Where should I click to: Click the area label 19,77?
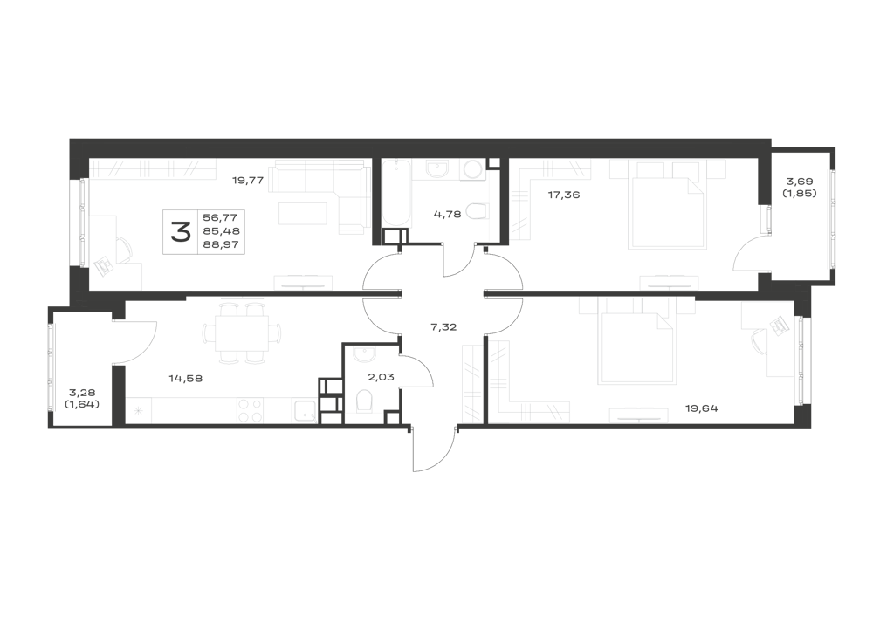[x=248, y=181]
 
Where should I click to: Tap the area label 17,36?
[x=564, y=195]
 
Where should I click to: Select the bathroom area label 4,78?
[x=447, y=214]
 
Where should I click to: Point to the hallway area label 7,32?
[x=443, y=327]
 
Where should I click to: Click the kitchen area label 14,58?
[x=185, y=379]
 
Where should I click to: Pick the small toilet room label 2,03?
[x=381, y=377]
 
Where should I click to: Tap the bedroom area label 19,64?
[x=702, y=408]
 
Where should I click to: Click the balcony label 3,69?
[x=799, y=182]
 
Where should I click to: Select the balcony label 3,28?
[x=82, y=394]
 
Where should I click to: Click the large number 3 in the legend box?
[x=181, y=231]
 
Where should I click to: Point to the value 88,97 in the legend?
[x=221, y=243]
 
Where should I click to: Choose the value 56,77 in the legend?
[x=221, y=217]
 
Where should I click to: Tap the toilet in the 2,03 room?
[x=363, y=401]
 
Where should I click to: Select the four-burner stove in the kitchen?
[x=250, y=410]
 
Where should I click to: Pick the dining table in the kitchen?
[x=242, y=334]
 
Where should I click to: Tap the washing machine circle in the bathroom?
[x=473, y=169]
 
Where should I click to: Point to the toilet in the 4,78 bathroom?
[x=477, y=211]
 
